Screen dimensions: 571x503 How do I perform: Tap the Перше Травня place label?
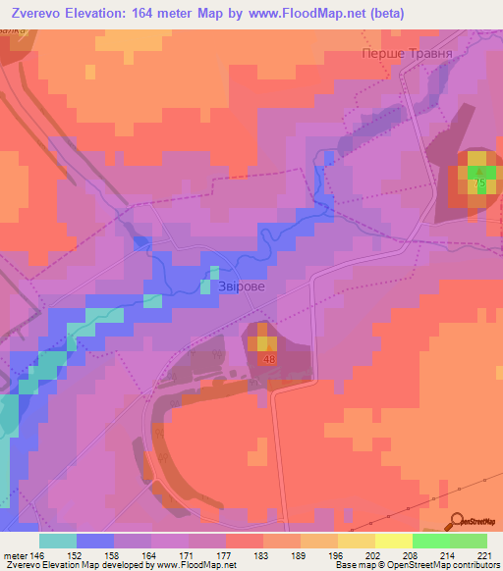coord(400,57)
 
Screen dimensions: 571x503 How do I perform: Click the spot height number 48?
coord(269,360)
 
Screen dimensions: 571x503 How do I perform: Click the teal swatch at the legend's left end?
coord(58,541)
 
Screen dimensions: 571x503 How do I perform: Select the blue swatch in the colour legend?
coord(95,541)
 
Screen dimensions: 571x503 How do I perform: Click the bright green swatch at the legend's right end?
coord(468,541)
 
